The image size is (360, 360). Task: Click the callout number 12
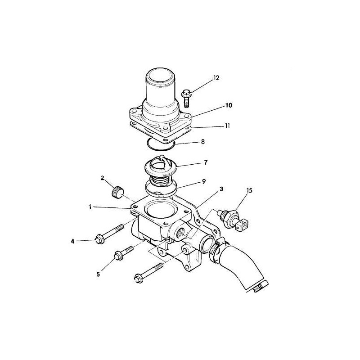(x=216, y=78)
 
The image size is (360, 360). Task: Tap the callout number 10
(x=229, y=105)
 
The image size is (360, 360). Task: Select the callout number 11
(x=227, y=126)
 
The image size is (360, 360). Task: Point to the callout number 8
(x=203, y=142)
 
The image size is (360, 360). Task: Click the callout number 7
(x=206, y=162)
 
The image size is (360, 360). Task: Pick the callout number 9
(x=204, y=182)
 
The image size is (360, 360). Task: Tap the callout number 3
(x=221, y=189)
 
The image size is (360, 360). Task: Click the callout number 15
(x=250, y=190)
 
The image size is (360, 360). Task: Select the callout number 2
(x=103, y=177)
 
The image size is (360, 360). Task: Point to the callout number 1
(x=90, y=207)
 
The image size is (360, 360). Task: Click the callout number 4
(x=72, y=241)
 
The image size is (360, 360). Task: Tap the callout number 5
(x=98, y=274)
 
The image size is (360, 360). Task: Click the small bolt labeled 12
(x=186, y=99)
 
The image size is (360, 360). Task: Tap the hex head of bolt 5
(x=118, y=256)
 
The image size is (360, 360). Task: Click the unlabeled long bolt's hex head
(x=139, y=278)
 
